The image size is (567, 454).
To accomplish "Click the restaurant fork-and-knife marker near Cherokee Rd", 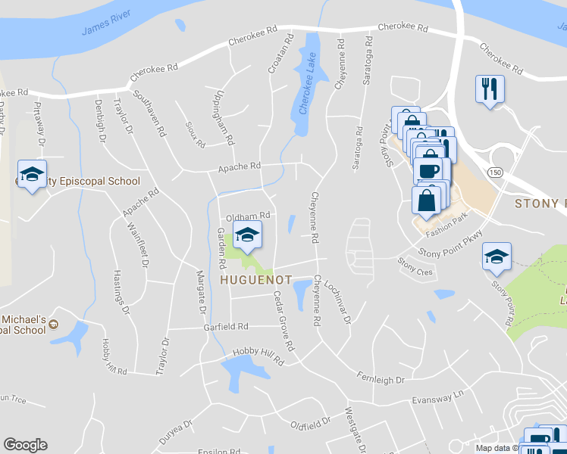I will coord(489,89).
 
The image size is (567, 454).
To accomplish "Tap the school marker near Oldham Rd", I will coord(246,236).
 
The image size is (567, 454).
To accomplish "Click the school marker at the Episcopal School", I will coord(32,176).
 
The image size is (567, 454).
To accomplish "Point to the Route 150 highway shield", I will coord(496,171).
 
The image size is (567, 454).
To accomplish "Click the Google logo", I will coord(25,445).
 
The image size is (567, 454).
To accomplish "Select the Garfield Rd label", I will coord(226,327).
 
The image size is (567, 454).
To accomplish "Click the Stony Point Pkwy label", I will coord(452,244).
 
